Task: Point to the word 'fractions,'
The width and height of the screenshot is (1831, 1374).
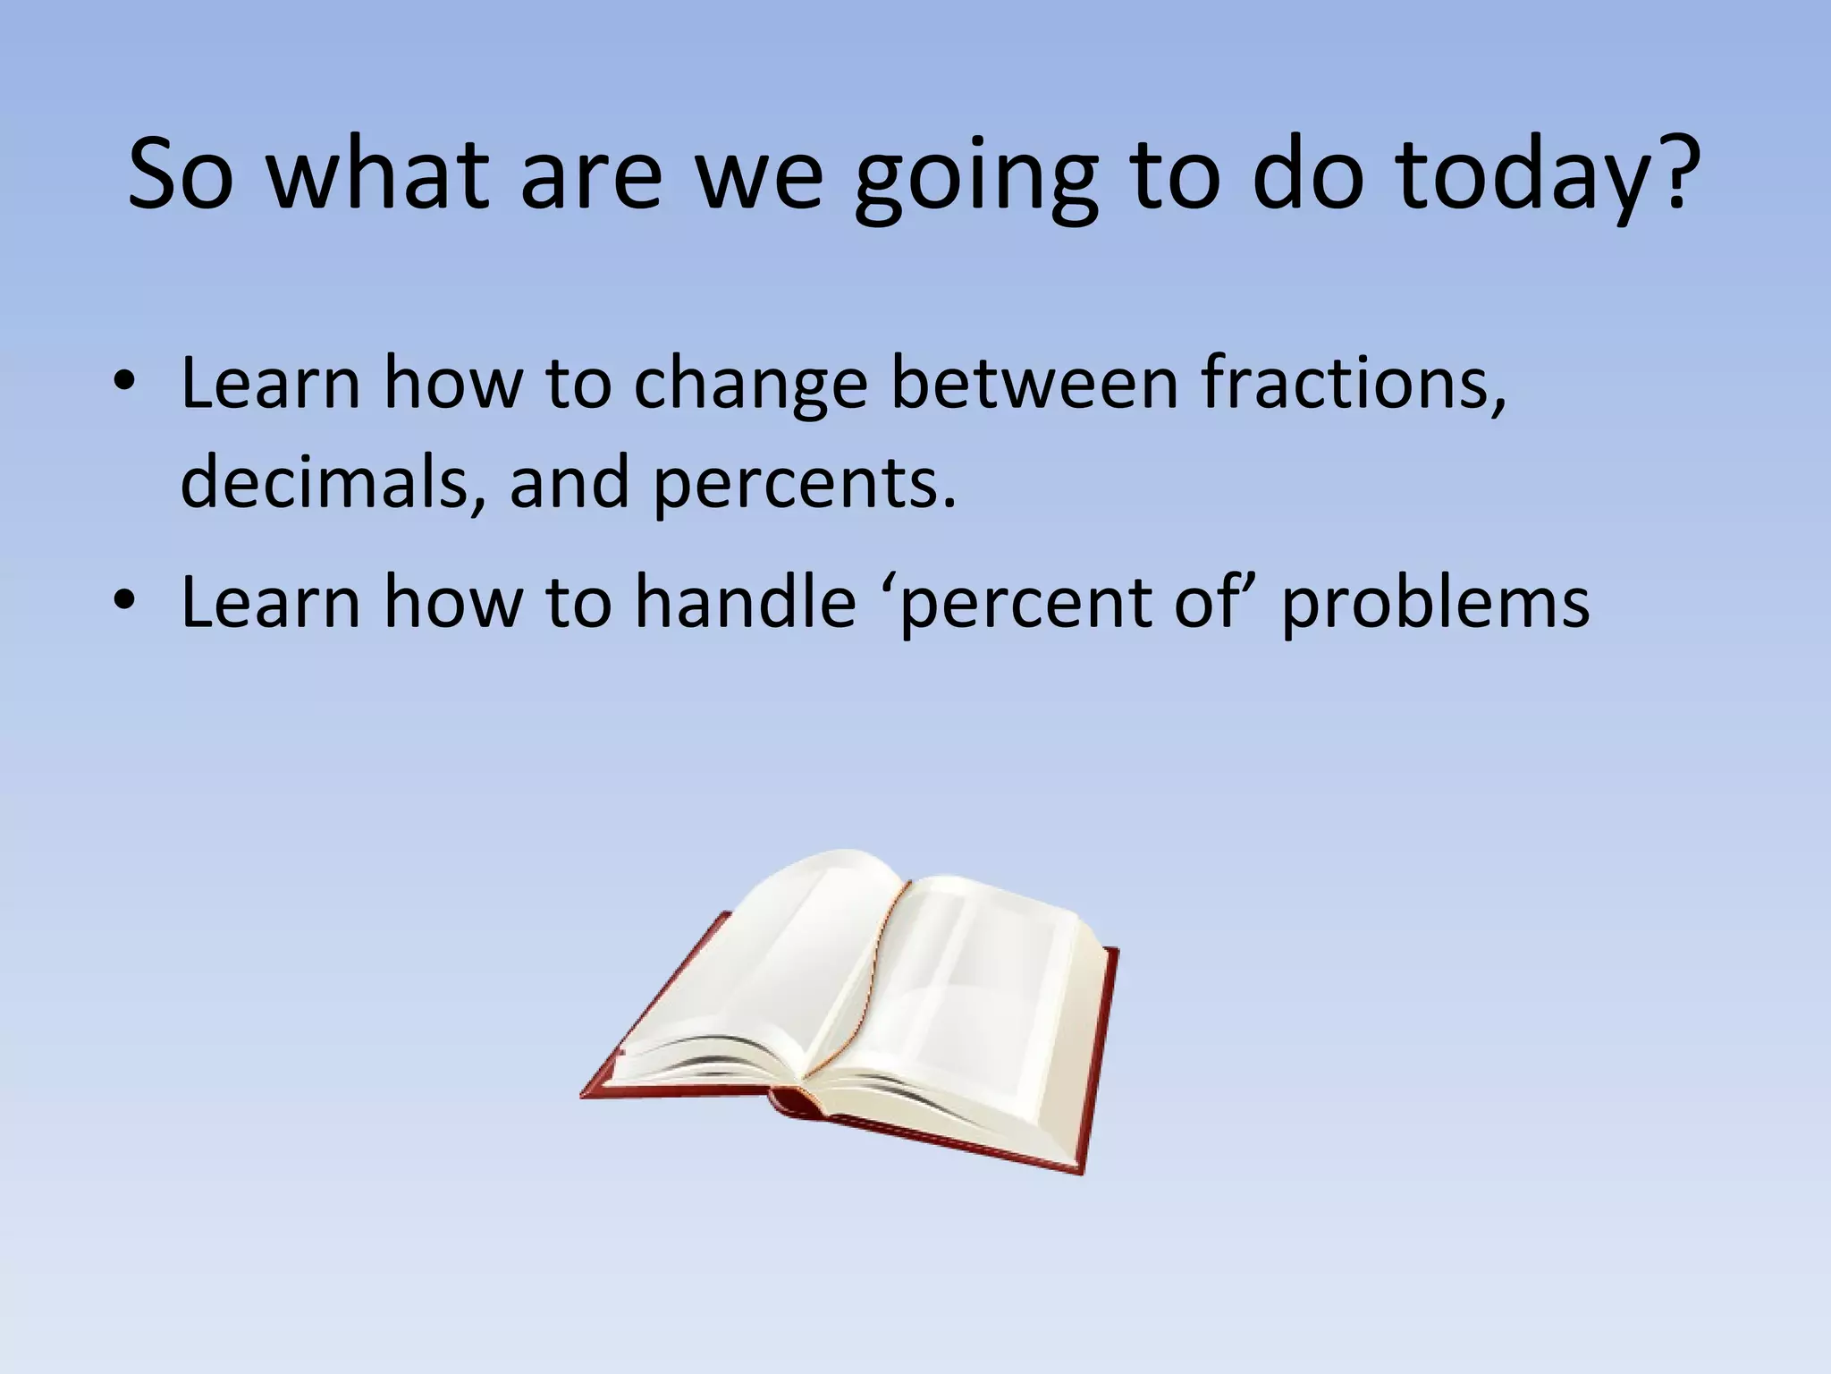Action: (x=1354, y=383)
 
